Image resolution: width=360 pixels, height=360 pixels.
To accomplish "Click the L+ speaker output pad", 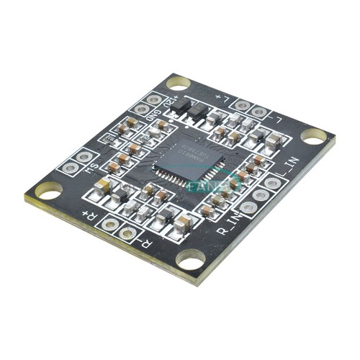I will (243, 105).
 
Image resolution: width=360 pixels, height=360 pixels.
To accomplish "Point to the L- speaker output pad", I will (259, 112).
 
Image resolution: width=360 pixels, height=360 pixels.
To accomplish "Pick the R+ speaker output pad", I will (110, 224).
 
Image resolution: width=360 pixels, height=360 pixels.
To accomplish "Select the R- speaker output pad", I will (127, 233).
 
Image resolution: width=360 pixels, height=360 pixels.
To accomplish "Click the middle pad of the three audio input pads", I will (261, 194).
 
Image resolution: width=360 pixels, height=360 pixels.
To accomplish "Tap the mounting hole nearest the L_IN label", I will (314, 135).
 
